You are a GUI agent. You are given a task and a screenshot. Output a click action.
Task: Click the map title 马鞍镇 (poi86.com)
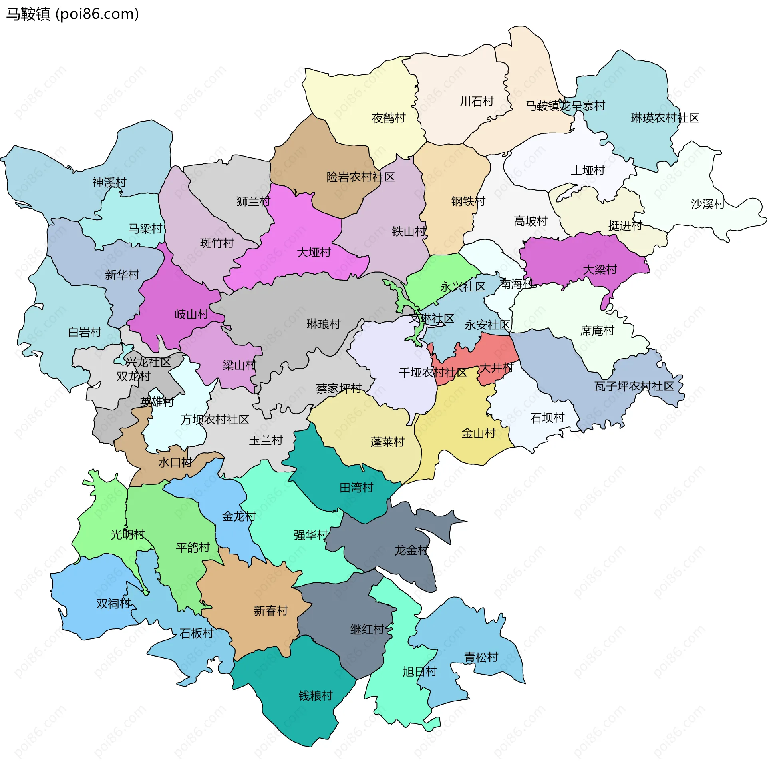click(73, 14)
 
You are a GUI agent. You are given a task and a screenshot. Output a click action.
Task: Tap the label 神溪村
click(109, 182)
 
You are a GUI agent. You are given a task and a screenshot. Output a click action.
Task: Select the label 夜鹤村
click(388, 118)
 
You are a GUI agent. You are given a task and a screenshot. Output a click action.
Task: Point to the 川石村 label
click(477, 101)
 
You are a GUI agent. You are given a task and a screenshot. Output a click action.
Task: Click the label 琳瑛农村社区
click(665, 118)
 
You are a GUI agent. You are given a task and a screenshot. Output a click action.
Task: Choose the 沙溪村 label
click(707, 204)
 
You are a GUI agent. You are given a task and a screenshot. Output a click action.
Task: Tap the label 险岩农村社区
click(360, 177)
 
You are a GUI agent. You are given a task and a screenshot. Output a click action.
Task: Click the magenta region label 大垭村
click(314, 253)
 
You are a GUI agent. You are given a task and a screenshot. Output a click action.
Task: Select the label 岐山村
click(191, 314)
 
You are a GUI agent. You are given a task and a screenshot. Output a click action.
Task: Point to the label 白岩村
click(84, 332)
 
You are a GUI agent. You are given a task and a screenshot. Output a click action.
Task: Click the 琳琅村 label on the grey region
click(323, 324)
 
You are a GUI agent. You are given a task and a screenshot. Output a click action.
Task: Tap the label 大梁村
click(600, 270)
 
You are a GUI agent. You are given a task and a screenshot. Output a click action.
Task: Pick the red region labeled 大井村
click(496, 367)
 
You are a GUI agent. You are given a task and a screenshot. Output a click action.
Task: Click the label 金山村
click(478, 433)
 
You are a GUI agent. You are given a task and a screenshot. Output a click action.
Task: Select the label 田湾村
click(356, 487)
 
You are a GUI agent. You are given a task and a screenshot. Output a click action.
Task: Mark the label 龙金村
click(411, 550)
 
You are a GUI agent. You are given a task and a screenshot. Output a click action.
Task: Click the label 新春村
click(271, 611)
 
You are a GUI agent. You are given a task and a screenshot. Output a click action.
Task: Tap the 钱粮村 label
click(316, 696)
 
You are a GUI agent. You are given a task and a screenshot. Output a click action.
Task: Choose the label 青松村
click(481, 657)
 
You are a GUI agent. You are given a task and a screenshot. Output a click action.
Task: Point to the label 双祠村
click(113, 604)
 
